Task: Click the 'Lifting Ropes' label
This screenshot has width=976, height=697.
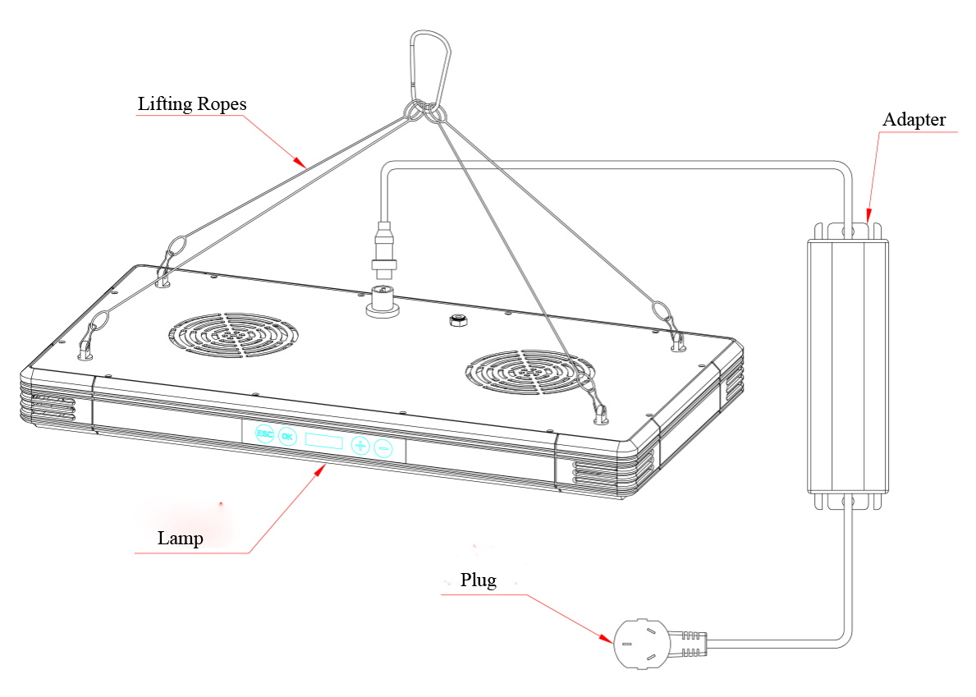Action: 191,105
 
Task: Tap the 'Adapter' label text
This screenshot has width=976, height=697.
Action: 914,120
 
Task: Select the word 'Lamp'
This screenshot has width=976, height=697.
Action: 180,539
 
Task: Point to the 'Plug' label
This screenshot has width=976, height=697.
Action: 478,580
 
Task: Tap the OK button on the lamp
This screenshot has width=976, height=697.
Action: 286,436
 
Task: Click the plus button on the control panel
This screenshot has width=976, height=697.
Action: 360,446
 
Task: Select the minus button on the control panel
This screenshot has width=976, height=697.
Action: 383,448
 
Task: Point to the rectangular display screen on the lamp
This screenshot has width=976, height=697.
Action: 323,442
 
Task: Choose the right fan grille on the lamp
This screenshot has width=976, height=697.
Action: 525,374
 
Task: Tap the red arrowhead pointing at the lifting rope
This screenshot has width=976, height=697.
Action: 302,163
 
